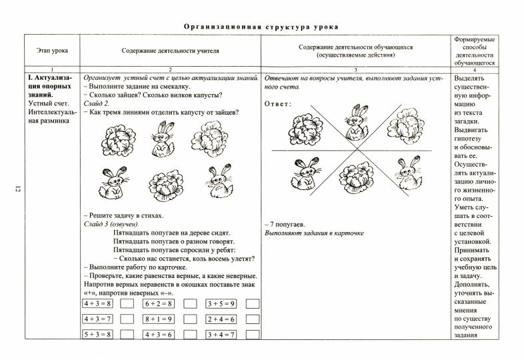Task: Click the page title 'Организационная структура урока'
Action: pos(261,27)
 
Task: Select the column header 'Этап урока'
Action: pos(51,51)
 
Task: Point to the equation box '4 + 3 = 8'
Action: pos(97,303)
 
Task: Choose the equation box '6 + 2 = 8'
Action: pos(159,303)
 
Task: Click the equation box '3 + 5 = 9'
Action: pos(221,303)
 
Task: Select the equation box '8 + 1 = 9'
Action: pos(159,319)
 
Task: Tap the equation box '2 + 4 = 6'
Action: pos(221,319)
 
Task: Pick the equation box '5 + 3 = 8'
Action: pos(97,335)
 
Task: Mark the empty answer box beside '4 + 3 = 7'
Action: pos(128,319)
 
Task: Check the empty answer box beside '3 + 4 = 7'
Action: pos(252,335)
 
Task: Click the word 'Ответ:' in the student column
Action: pos(279,104)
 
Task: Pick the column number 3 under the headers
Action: pos(355,69)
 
